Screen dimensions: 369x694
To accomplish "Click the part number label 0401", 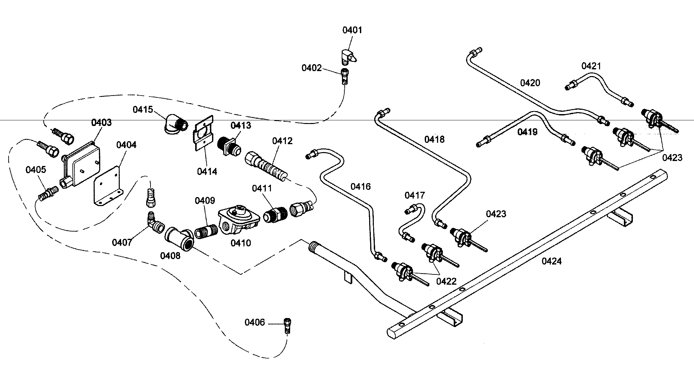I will point(352,30).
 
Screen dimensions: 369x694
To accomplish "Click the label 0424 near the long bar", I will point(551,261).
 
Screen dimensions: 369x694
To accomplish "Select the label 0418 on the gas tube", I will point(434,139).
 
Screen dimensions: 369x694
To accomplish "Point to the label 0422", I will point(446,281).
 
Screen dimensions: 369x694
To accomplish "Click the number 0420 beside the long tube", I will point(530,83).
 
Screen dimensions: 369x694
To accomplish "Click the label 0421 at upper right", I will point(591,66).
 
